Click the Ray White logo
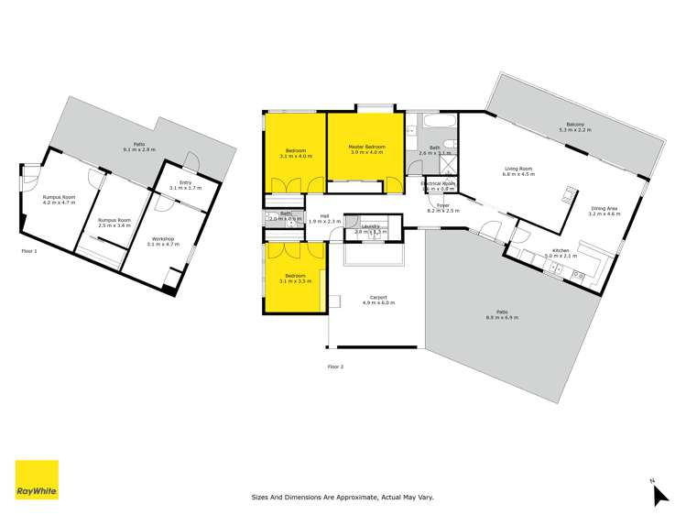tap(37, 480)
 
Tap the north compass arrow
tap(659, 495)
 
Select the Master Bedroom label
tap(365, 147)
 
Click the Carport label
tap(378, 297)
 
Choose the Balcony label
tap(575, 125)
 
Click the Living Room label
tap(519, 168)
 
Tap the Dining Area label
tap(604, 208)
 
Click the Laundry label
tap(370, 226)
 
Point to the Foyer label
tap(442, 205)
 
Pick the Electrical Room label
tap(438, 183)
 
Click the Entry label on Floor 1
tap(186, 182)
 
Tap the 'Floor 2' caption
tap(335, 366)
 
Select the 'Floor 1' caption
tap(29, 249)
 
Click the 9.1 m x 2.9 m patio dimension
tap(139, 148)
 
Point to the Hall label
tap(324, 215)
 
